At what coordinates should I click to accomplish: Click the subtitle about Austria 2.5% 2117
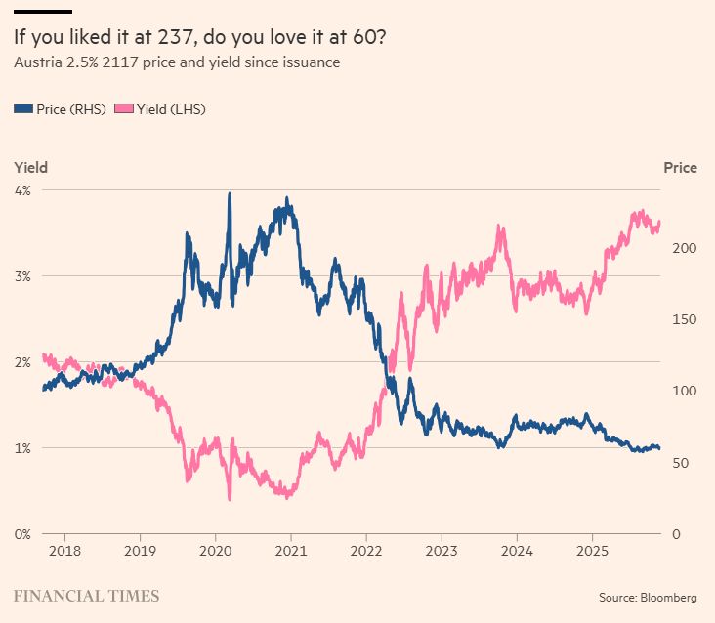(176, 63)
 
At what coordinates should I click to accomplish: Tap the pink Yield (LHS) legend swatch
(124, 109)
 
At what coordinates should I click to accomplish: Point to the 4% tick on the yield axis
(21, 190)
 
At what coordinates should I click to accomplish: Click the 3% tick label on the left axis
(21, 276)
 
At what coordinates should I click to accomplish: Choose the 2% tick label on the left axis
(21, 362)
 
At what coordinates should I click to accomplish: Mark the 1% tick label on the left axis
(21, 448)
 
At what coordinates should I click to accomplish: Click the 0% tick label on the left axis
(21, 534)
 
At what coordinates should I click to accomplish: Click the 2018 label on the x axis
(64, 552)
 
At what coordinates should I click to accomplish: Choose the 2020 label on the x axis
(215, 552)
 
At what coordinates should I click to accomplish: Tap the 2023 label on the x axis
(442, 552)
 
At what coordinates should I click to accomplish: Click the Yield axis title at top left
(30, 168)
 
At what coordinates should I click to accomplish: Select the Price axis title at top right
(681, 168)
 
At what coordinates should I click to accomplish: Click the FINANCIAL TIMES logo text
(86, 595)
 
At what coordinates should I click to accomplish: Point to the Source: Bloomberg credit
(649, 596)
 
